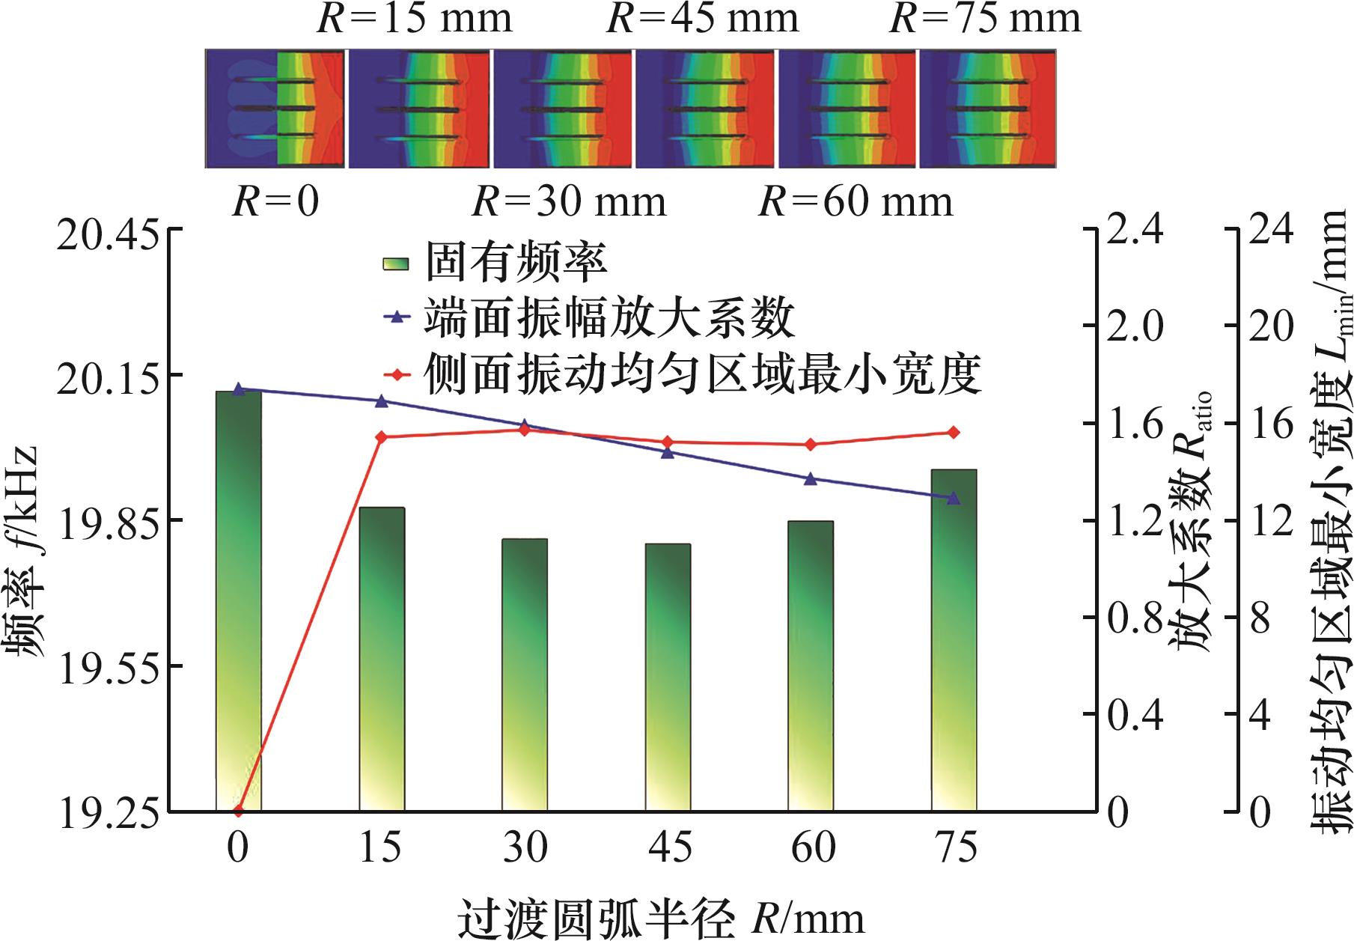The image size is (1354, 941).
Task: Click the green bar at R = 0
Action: click(239, 599)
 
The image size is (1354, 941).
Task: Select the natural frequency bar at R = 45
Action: click(668, 677)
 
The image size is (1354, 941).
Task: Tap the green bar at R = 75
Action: click(954, 639)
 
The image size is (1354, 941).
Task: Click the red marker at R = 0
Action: click(239, 810)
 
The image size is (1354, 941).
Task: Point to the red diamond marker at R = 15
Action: click(381, 436)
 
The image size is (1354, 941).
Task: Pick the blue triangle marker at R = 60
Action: click(810, 479)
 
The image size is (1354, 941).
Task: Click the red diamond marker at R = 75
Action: click(954, 432)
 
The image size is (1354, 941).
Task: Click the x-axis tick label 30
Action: click(525, 847)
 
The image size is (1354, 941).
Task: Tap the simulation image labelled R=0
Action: click(275, 109)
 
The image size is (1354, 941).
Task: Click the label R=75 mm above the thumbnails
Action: click(985, 19)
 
